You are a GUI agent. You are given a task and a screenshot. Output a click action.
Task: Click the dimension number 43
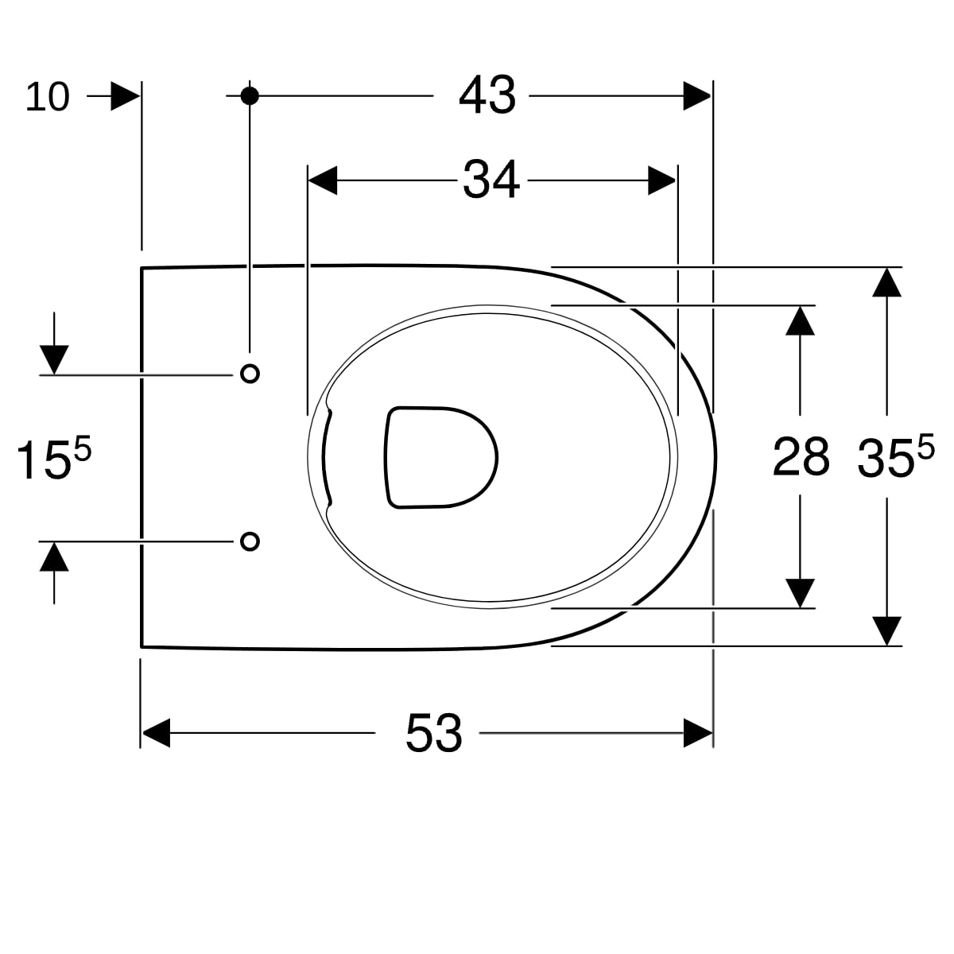(x=487, y=95)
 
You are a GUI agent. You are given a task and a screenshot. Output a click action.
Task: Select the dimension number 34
(x=491, y=180)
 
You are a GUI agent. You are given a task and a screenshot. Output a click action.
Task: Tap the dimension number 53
(x=434, y=733)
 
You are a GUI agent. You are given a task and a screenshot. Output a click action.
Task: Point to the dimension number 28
(x=801, y=456)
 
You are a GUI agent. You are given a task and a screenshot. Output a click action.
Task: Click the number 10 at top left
(x=47, y=96)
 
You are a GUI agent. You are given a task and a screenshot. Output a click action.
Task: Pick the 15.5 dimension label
(x=53, y=459)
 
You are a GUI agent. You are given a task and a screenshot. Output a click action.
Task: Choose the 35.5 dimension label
(x=896, y=456)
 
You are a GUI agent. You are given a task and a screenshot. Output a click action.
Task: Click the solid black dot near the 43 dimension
(x=250, y=95)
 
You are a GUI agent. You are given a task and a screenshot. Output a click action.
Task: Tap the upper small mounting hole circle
(x=250, y=374)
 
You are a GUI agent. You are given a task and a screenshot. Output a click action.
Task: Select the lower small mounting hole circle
(x=250, y=541)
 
